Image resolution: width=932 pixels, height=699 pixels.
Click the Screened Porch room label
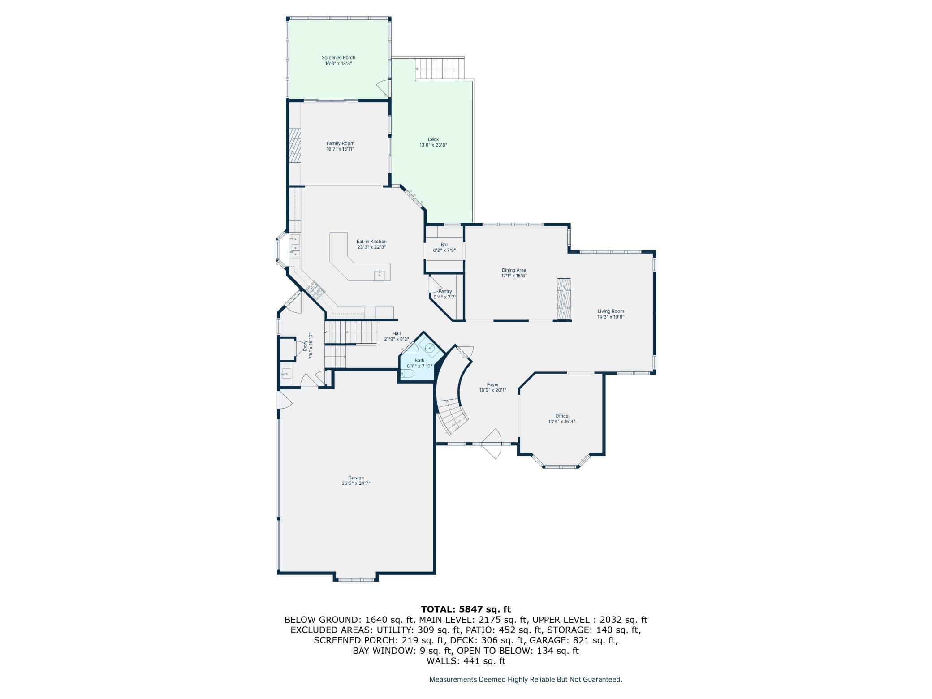point(338,58)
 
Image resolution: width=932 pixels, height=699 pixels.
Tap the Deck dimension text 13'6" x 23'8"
point(433,145)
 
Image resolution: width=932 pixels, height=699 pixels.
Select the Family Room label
point(340,143)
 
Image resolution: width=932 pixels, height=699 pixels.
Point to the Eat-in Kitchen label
point(371,242)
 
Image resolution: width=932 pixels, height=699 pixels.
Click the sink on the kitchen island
point(379,274)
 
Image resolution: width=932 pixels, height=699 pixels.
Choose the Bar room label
point(444,245)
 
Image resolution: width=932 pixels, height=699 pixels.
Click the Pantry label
point(445,291)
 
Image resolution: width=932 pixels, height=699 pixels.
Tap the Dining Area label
point(513,270)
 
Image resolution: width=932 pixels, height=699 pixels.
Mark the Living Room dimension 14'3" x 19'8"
point(610,317)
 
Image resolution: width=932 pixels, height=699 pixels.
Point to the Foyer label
point(492,384)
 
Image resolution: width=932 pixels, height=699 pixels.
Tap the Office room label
point(561,416)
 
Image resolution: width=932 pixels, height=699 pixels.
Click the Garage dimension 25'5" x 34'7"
point(356,483)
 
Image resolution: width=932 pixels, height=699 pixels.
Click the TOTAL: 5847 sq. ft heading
point(466,609)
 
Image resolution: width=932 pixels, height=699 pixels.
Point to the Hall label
point(396,333)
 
